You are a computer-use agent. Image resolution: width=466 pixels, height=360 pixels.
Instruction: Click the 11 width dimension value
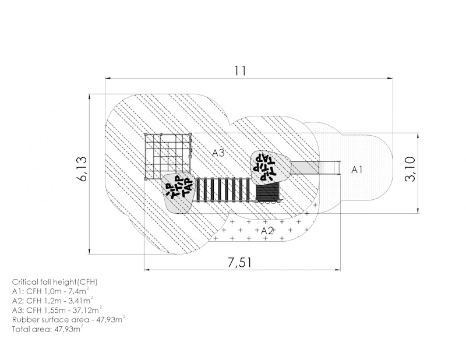click(x=241, y=70)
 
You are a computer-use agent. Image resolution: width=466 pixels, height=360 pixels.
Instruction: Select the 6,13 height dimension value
click(x=82, y=168)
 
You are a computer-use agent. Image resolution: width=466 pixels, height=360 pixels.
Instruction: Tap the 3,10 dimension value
click(x=410, y=169)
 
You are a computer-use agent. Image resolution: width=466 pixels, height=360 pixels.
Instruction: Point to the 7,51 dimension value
click(x=240, y=262)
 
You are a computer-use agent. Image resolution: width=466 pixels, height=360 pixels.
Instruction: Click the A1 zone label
click(x=357, y=170)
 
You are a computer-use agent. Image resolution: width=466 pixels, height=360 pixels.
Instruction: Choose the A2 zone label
click(x=267, y=230)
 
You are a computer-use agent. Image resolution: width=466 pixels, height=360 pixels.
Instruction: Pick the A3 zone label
click(x=218, y=153)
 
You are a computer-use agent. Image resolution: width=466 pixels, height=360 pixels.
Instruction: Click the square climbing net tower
click(x=168, y=156)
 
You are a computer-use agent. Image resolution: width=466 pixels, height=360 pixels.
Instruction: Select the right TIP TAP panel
click(x=269, y=168)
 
